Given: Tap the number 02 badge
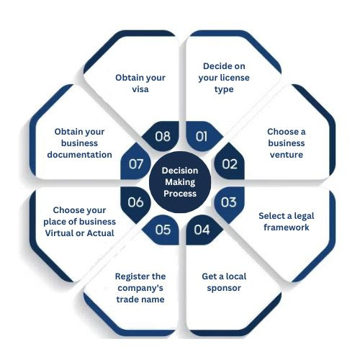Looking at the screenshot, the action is tap(230, 163).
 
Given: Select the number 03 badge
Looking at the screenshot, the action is tap(230, 203).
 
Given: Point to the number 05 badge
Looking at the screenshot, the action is tap(162, 230).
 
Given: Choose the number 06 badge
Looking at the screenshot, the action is tap(135, 203).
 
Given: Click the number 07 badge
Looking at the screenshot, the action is tap(135, 163).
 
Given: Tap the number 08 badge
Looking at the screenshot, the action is tap(162, 136).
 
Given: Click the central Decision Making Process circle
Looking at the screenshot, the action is tap(180, 182).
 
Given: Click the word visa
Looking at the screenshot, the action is tap(140, 89).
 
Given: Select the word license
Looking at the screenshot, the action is tap(236, 78).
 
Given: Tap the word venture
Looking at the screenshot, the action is tap(287, 155).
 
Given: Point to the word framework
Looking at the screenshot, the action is tap(287, 228).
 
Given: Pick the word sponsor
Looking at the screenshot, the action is tap(224, 288).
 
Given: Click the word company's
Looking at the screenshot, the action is tap(140, 288).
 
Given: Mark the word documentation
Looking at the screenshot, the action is tap(79, 155).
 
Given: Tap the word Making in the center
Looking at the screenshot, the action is tap(180, 182).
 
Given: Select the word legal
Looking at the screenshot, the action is tap(304, 216).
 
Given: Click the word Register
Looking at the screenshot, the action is tap(130, 276).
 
